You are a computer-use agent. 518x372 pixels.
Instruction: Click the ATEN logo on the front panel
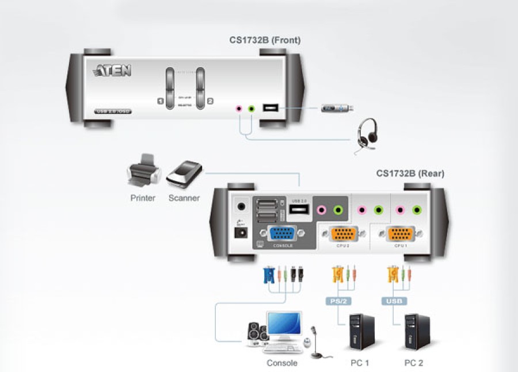coord(112,71)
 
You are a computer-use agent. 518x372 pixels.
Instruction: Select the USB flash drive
coord(337,108)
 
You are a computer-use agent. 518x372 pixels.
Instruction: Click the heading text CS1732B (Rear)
coord(410,173)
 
